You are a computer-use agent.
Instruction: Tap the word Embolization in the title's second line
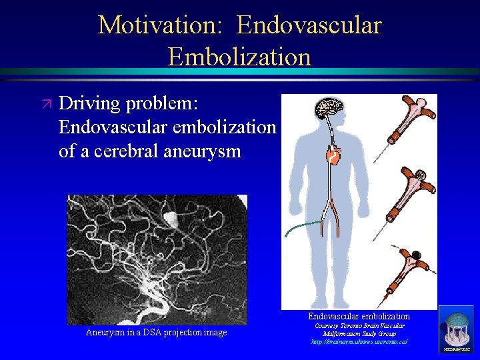point(239,57)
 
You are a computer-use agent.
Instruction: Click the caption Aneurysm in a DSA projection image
point(156,333)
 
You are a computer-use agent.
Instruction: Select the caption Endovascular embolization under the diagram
point(359,316)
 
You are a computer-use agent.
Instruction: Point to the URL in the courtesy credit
point(359,341)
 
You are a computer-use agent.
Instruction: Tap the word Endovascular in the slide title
point(309,25)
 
